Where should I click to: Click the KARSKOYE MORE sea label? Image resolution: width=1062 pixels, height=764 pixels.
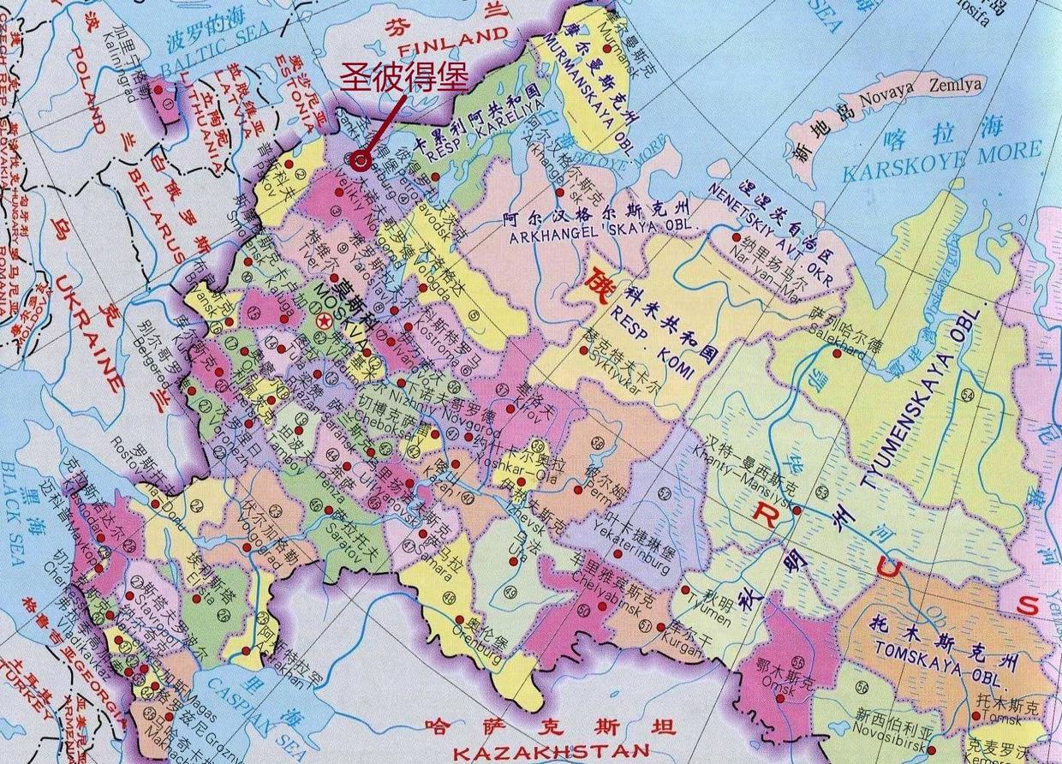(941, 161)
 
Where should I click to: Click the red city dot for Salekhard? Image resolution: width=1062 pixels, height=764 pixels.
(836, 353)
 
